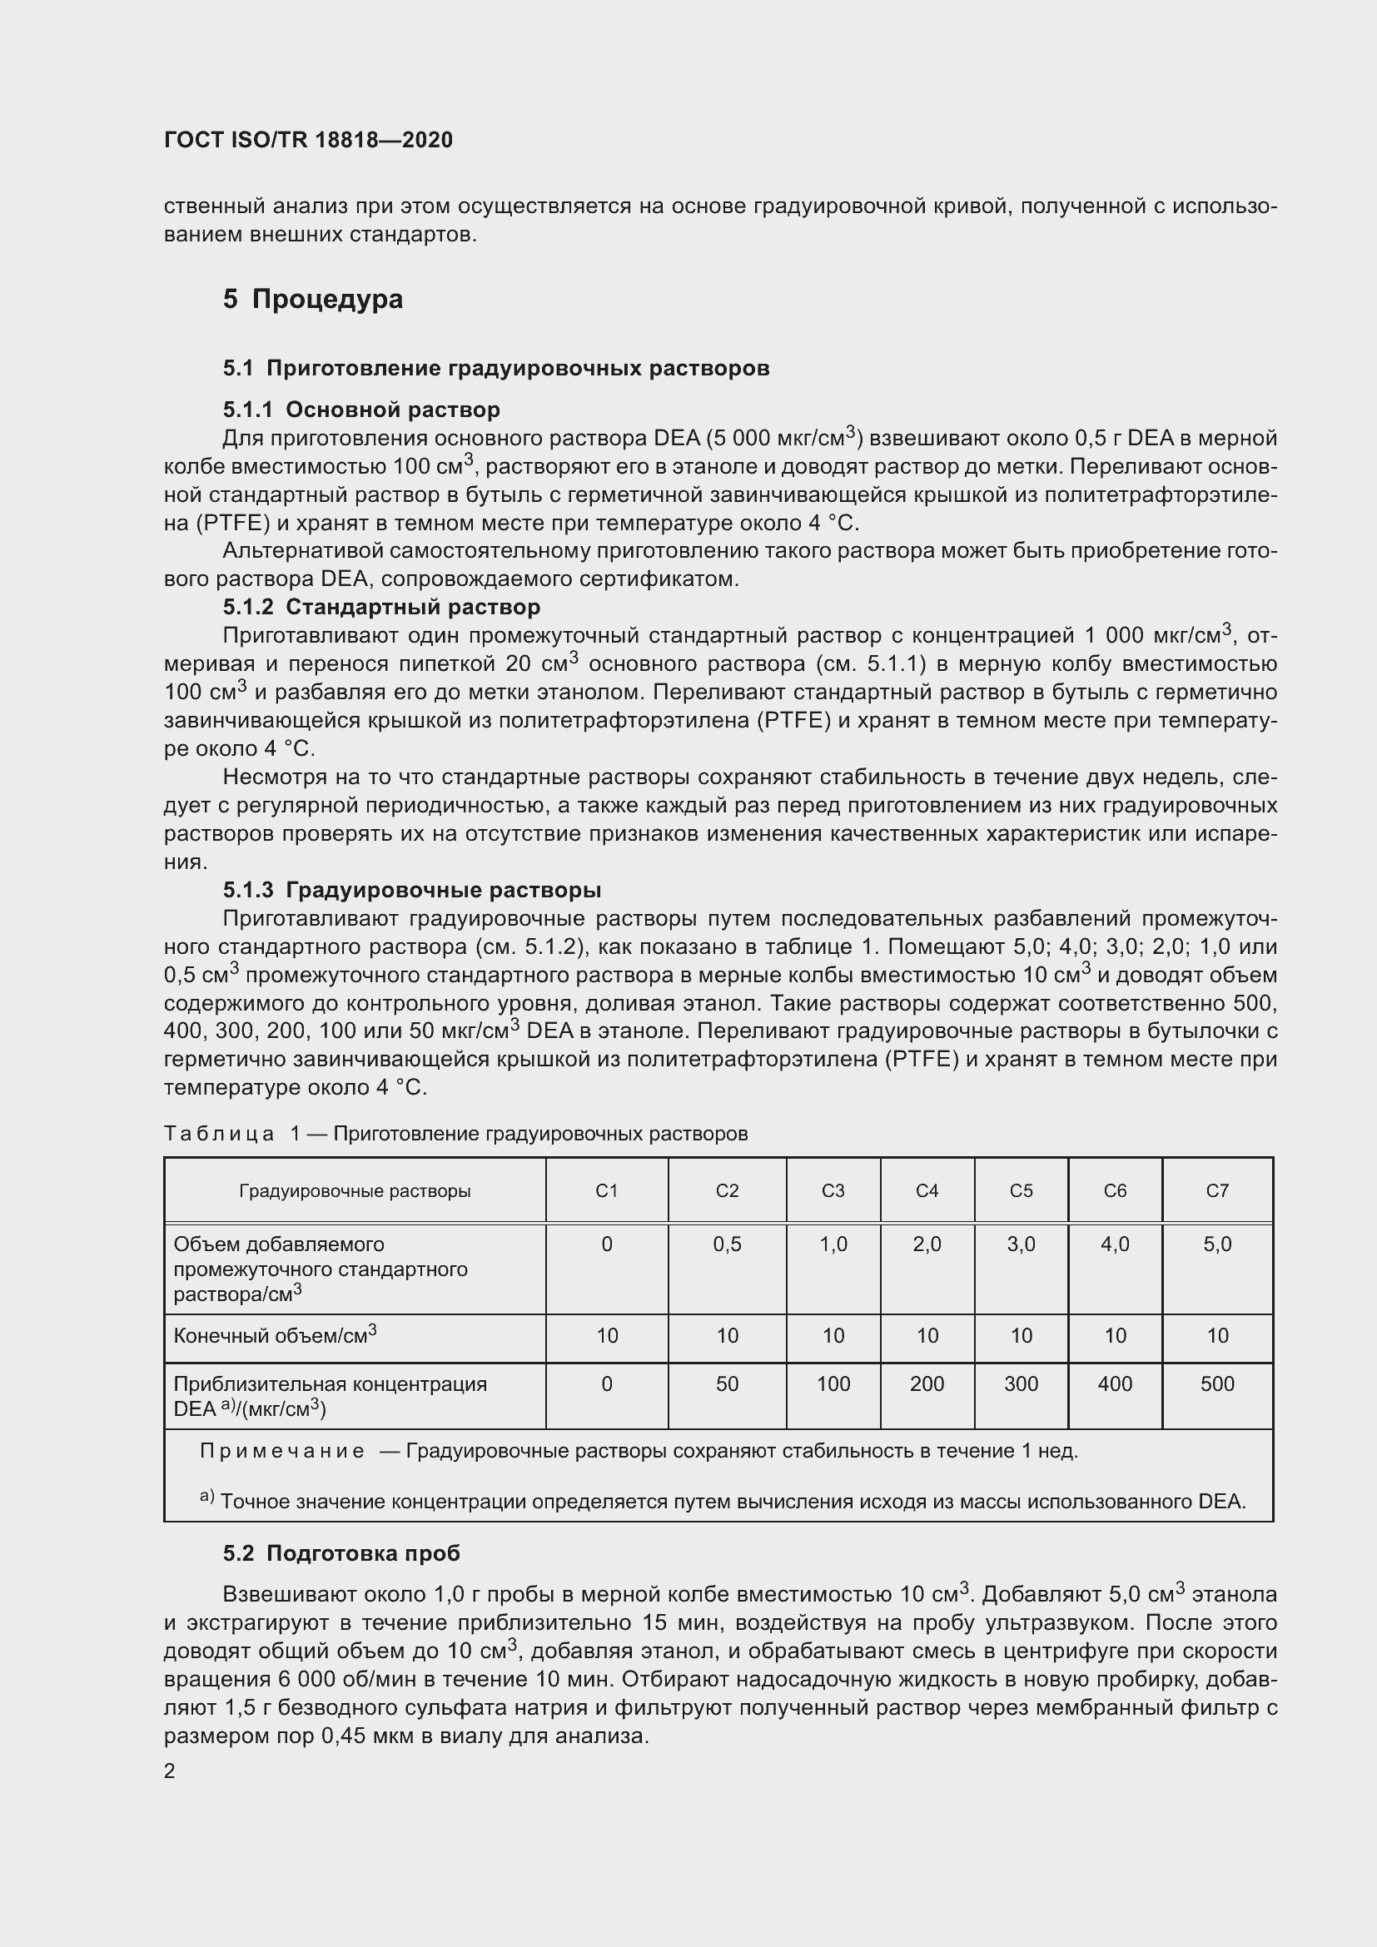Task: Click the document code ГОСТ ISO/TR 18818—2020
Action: point(308,140)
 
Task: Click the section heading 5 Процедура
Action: point(313,300)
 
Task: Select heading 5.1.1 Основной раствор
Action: point(361,410)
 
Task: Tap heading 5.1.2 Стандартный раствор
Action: point(380,607)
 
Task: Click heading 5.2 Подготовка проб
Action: point(341,1553)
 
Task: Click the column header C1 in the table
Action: point(606,1190)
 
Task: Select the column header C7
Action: point(1217,1190)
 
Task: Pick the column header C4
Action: point(927,1190)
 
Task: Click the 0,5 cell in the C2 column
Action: point(727,1244)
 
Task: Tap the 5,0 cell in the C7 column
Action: point(1217,1244)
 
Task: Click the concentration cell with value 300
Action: point(1021,1384)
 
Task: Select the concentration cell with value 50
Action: point(727,1384)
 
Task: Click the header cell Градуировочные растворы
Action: point(355,1190)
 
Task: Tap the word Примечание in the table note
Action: point(281,1451)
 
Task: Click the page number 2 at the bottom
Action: point(170,1771)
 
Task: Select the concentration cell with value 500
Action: point(1217,1384)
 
